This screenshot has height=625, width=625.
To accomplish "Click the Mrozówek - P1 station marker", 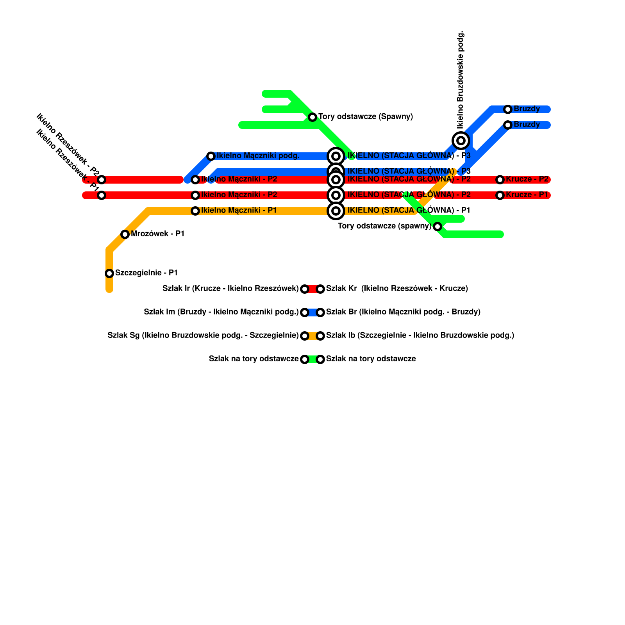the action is click(x=125, y=234).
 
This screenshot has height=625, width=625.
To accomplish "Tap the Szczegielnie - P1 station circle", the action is click(x=109, y=273).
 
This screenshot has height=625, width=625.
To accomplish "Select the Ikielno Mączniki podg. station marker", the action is click(x=211, y=156).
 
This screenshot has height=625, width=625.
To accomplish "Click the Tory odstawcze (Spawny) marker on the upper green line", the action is click(x=312, y=117).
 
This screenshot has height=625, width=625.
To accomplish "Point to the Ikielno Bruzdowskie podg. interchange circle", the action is click(x=461, y=141).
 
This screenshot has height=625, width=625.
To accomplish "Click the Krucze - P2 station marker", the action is click(x=500, y=180).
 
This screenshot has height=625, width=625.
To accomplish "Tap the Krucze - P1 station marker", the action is click(x=500, y=195).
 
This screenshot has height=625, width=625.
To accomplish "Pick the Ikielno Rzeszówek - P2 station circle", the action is click(x=102, y=180).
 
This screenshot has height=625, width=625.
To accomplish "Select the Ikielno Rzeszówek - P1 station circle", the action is click(x=102, y=195).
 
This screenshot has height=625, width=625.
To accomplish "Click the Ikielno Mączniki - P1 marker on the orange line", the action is click(x=195, y=211).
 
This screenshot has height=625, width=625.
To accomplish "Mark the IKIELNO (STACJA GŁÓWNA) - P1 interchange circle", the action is click(x=336, y=211).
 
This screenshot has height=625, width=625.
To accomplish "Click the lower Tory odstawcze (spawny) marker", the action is click(x=437, y=227).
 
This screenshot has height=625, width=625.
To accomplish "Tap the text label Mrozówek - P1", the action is click(x=157, y=234).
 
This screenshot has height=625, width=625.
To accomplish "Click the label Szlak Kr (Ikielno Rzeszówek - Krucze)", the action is click(x=397, y=289).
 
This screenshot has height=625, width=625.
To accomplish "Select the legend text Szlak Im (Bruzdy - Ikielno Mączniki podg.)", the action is click(x=221, y=312).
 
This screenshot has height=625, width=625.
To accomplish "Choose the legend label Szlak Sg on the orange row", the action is click(x=203, y=336).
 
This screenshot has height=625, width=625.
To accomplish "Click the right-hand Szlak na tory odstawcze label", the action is click(x=371, y=359).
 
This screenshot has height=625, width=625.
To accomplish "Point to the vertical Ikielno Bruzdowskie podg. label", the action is click(x=461, y=80).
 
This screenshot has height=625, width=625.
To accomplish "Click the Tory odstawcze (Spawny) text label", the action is click(x=365, y=117).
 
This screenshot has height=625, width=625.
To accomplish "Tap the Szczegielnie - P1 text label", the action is click(x=146, y=273).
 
